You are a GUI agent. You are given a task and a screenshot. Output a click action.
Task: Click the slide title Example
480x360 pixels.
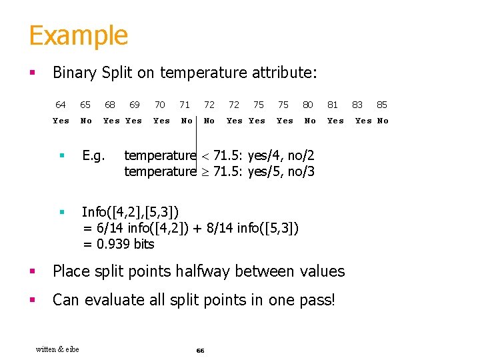[78, 35]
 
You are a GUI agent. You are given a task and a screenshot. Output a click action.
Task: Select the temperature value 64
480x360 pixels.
[61, 105]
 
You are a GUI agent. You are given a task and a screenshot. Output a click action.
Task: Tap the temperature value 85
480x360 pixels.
[382, 105]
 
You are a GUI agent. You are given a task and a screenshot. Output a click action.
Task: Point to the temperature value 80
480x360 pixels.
[308, 105]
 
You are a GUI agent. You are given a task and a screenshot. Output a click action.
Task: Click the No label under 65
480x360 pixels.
[86, 121]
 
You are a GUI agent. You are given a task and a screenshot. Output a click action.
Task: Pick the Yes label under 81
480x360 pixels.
[335, 121]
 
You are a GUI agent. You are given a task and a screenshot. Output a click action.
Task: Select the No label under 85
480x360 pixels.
[383, 121]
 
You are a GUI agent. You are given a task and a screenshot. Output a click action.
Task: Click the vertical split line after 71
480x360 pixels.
[197, 133]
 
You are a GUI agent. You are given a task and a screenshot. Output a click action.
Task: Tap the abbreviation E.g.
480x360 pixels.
[94, 155]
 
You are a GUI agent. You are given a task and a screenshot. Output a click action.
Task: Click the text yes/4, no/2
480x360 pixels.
[281, 155]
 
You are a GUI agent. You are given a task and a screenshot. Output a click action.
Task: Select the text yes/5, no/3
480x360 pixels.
[281, 171]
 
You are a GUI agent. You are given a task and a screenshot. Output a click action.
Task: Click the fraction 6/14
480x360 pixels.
[111, 228]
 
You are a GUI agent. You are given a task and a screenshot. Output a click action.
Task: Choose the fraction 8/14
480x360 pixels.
[217, 228]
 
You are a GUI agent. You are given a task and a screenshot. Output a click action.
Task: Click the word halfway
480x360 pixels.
[204, 271]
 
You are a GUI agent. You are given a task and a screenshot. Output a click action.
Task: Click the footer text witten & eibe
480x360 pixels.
[57, 349]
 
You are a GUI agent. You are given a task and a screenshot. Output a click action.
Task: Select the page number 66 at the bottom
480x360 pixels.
[200, 350]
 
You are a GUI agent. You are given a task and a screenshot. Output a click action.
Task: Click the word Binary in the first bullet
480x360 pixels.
[75, 73]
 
